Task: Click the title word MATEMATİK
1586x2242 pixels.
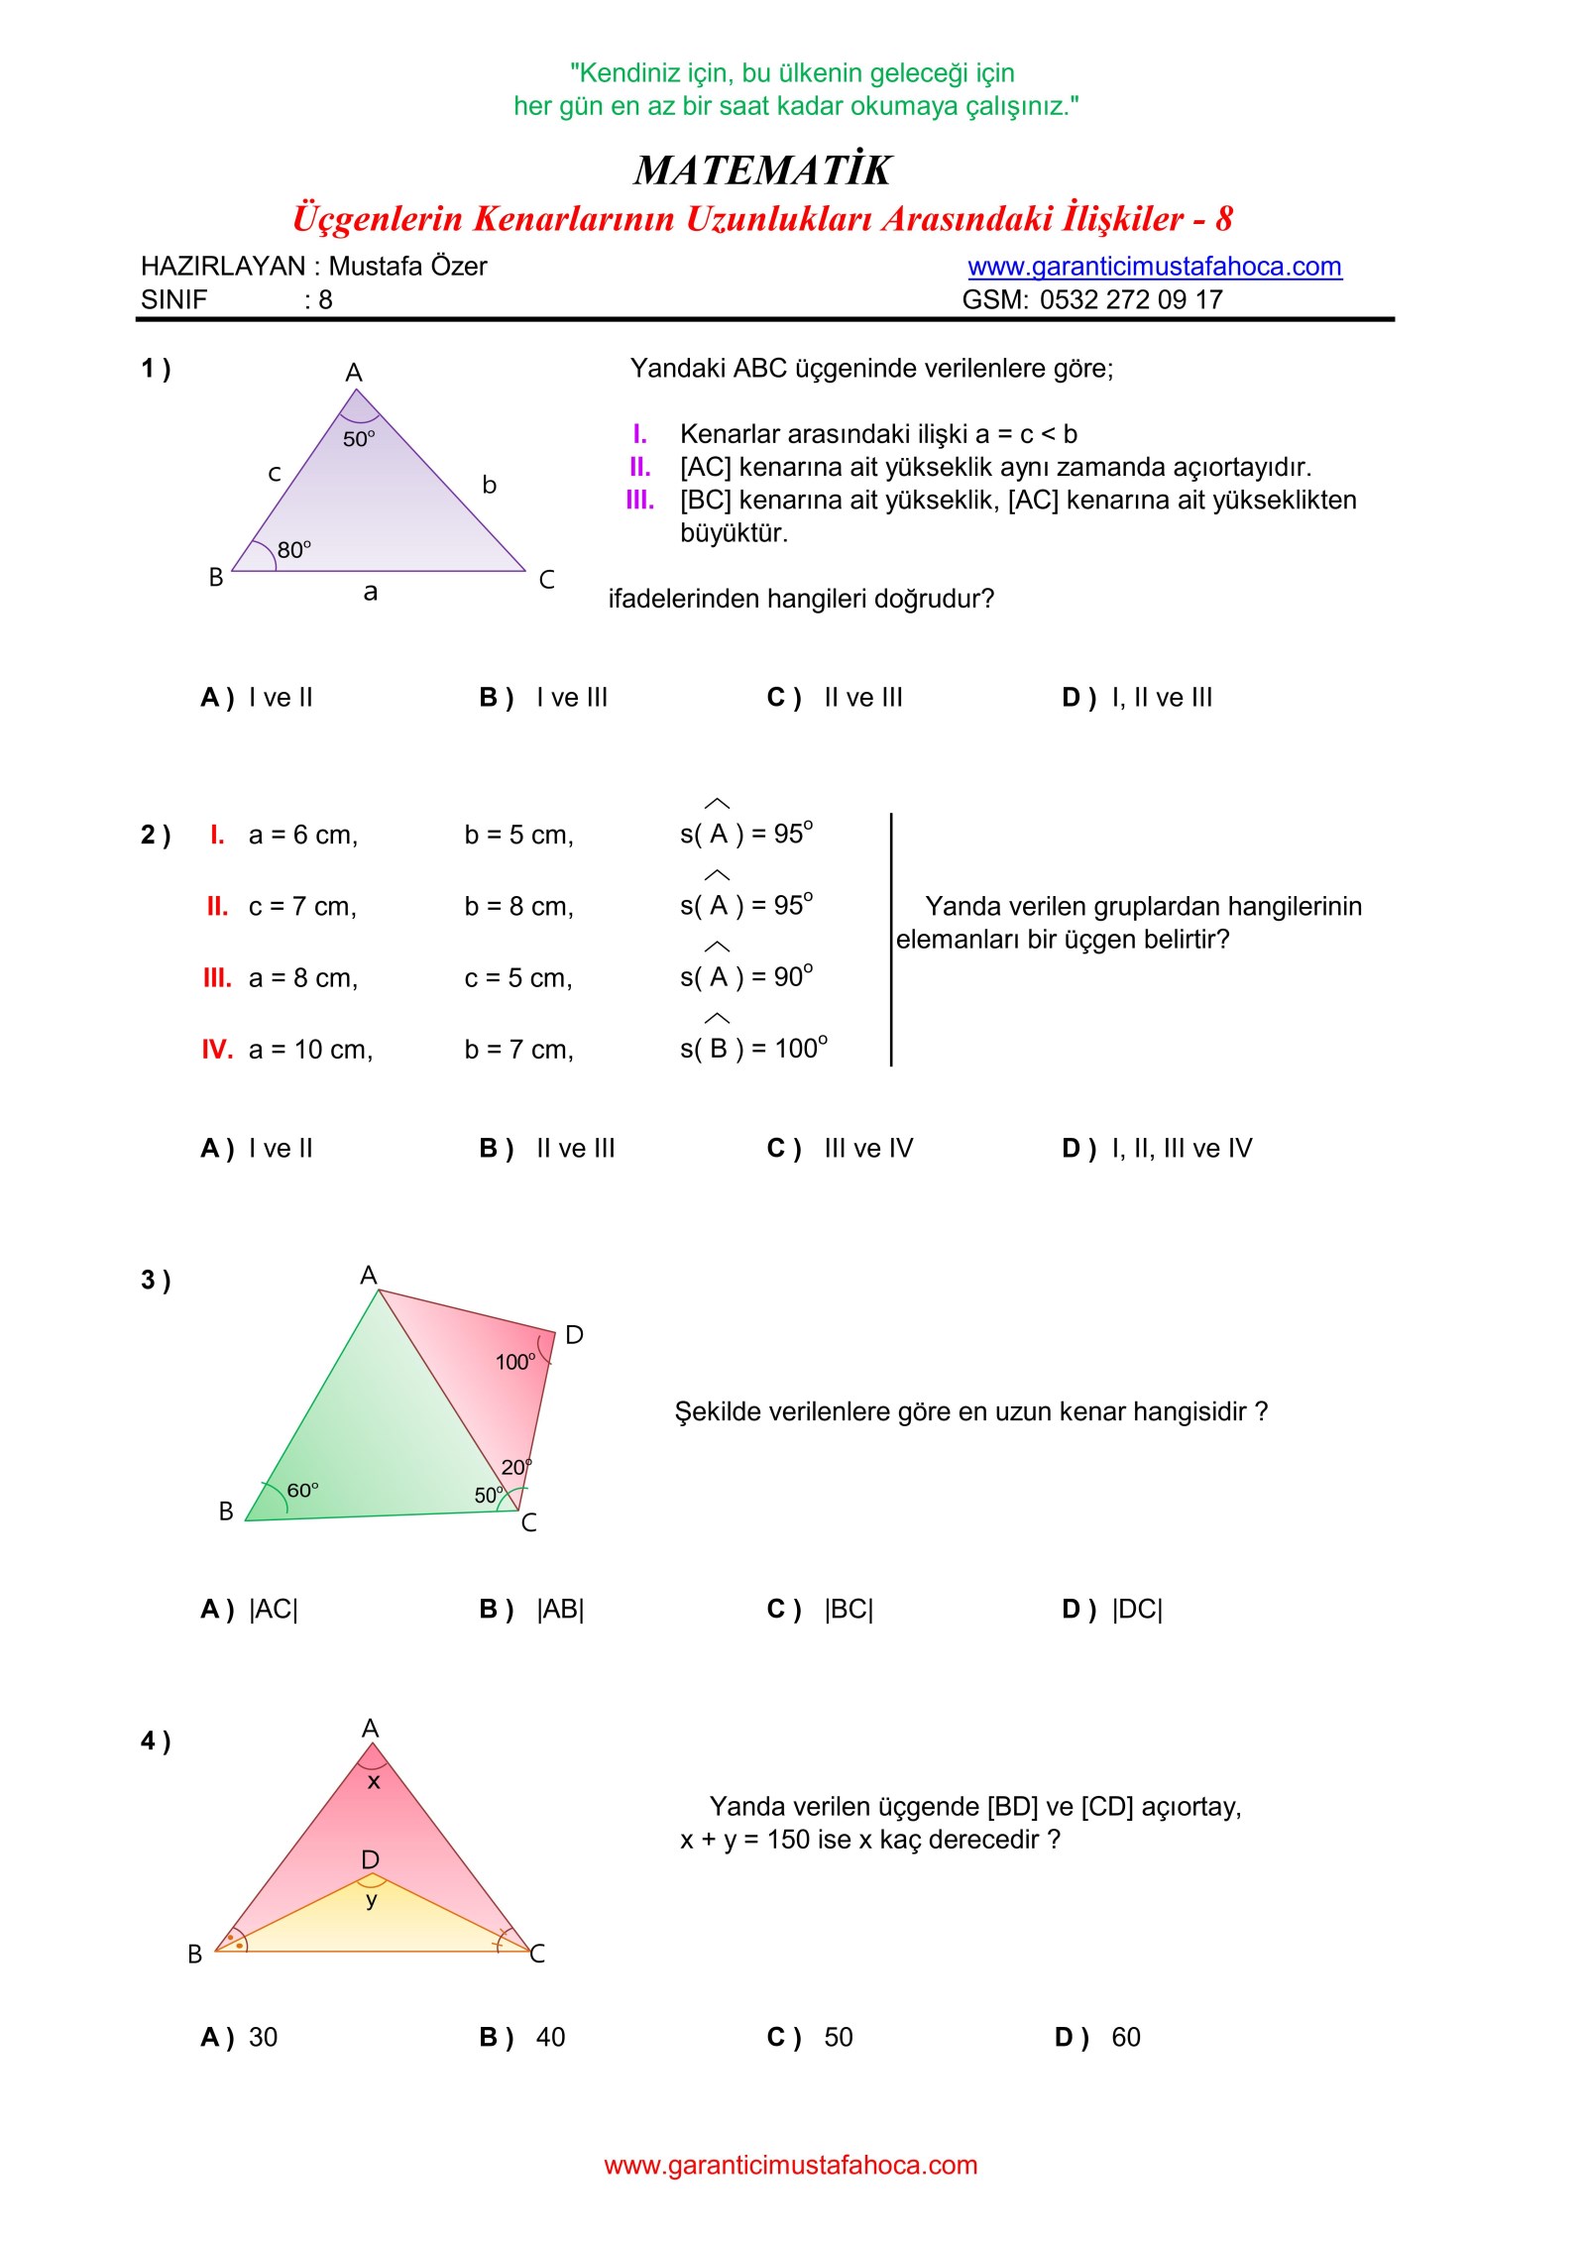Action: pyautogui.click(x=762, y=170)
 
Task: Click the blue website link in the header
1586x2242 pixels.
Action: pyautogui.click(x=1154, y=267)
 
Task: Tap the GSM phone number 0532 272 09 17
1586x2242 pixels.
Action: pyautogui.click(x=1131, y=299)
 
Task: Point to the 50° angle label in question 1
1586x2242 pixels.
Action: pyautogui.click(x=359, y=439)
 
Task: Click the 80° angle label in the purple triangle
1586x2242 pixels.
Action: pyautogui.click(x=294, y=550)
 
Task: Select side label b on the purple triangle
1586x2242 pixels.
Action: pyautogui.click(x=489, y=485)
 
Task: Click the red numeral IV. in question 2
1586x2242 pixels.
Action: pyautogui.click(x=217, y=1050)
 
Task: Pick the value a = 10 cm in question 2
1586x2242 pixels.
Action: pyautogui.click(x=310, y=1050)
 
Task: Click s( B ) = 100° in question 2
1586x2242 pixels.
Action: pyautogui.click(x=753, y=1049)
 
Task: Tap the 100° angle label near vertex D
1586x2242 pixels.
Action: pyautogui.click(x=515, y=1363)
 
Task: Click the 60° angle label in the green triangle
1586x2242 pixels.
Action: pyautogui.click(x=303, y=1491)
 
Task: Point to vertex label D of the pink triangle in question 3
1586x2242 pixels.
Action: pyautogui.click(x=574, y=1335)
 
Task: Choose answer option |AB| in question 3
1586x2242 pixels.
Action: pyautogui.click(x=559, y=1609)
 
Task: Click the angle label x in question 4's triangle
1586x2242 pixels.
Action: pyautogui.click(x=374, y=1782)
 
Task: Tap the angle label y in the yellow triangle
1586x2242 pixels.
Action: pyautogui.click(x=372, y=1899)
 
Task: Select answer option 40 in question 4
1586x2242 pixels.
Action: pyautogui.click(x=550, y=2037)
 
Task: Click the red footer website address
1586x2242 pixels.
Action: pyautogui.click(x=790, y=2165)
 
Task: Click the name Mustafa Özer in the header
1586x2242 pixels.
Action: pyautogui.click(x=407, y=267)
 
